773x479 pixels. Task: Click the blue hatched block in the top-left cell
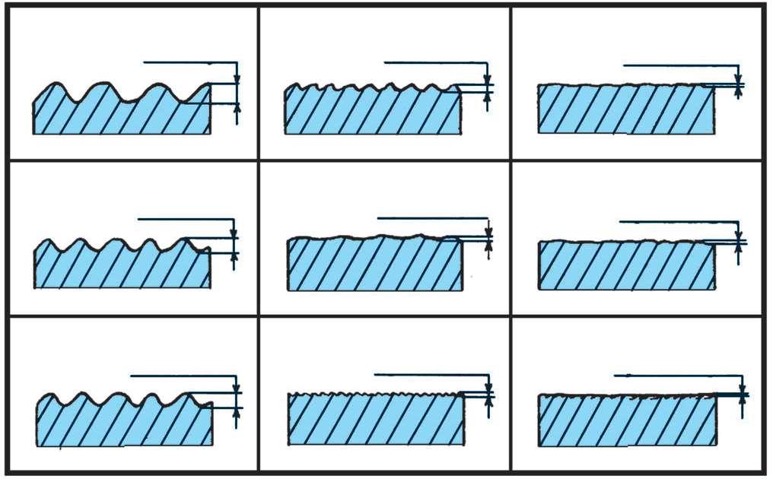pyautogui.click(x=122, y=114)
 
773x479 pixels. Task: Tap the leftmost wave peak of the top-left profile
pyautogui.click(x=52, y=84)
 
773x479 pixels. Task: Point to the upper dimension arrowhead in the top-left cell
pyautogui.click(x=237, y=78)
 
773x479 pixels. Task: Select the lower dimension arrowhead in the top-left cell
pyautogui.click(x=237, y=107)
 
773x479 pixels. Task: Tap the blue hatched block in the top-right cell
pyautogui.click(x=625, y=109)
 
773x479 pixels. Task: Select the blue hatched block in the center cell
pyautogui.click(x=374, y=265)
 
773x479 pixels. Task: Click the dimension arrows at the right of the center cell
pyautogui.click(x=488, y=239)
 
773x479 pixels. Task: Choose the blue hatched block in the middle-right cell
pyautogui.click(x=626, y=265)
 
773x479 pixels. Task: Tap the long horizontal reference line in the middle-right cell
pyautogui.click(x=677, y=222)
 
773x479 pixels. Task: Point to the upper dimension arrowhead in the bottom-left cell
pyautogui.click(x=237, y=389)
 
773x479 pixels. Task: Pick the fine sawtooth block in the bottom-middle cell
pyautogui.click(x=376, y=419)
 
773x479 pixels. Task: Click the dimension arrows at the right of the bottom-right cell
pyautogui.click(x=743, y=394)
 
